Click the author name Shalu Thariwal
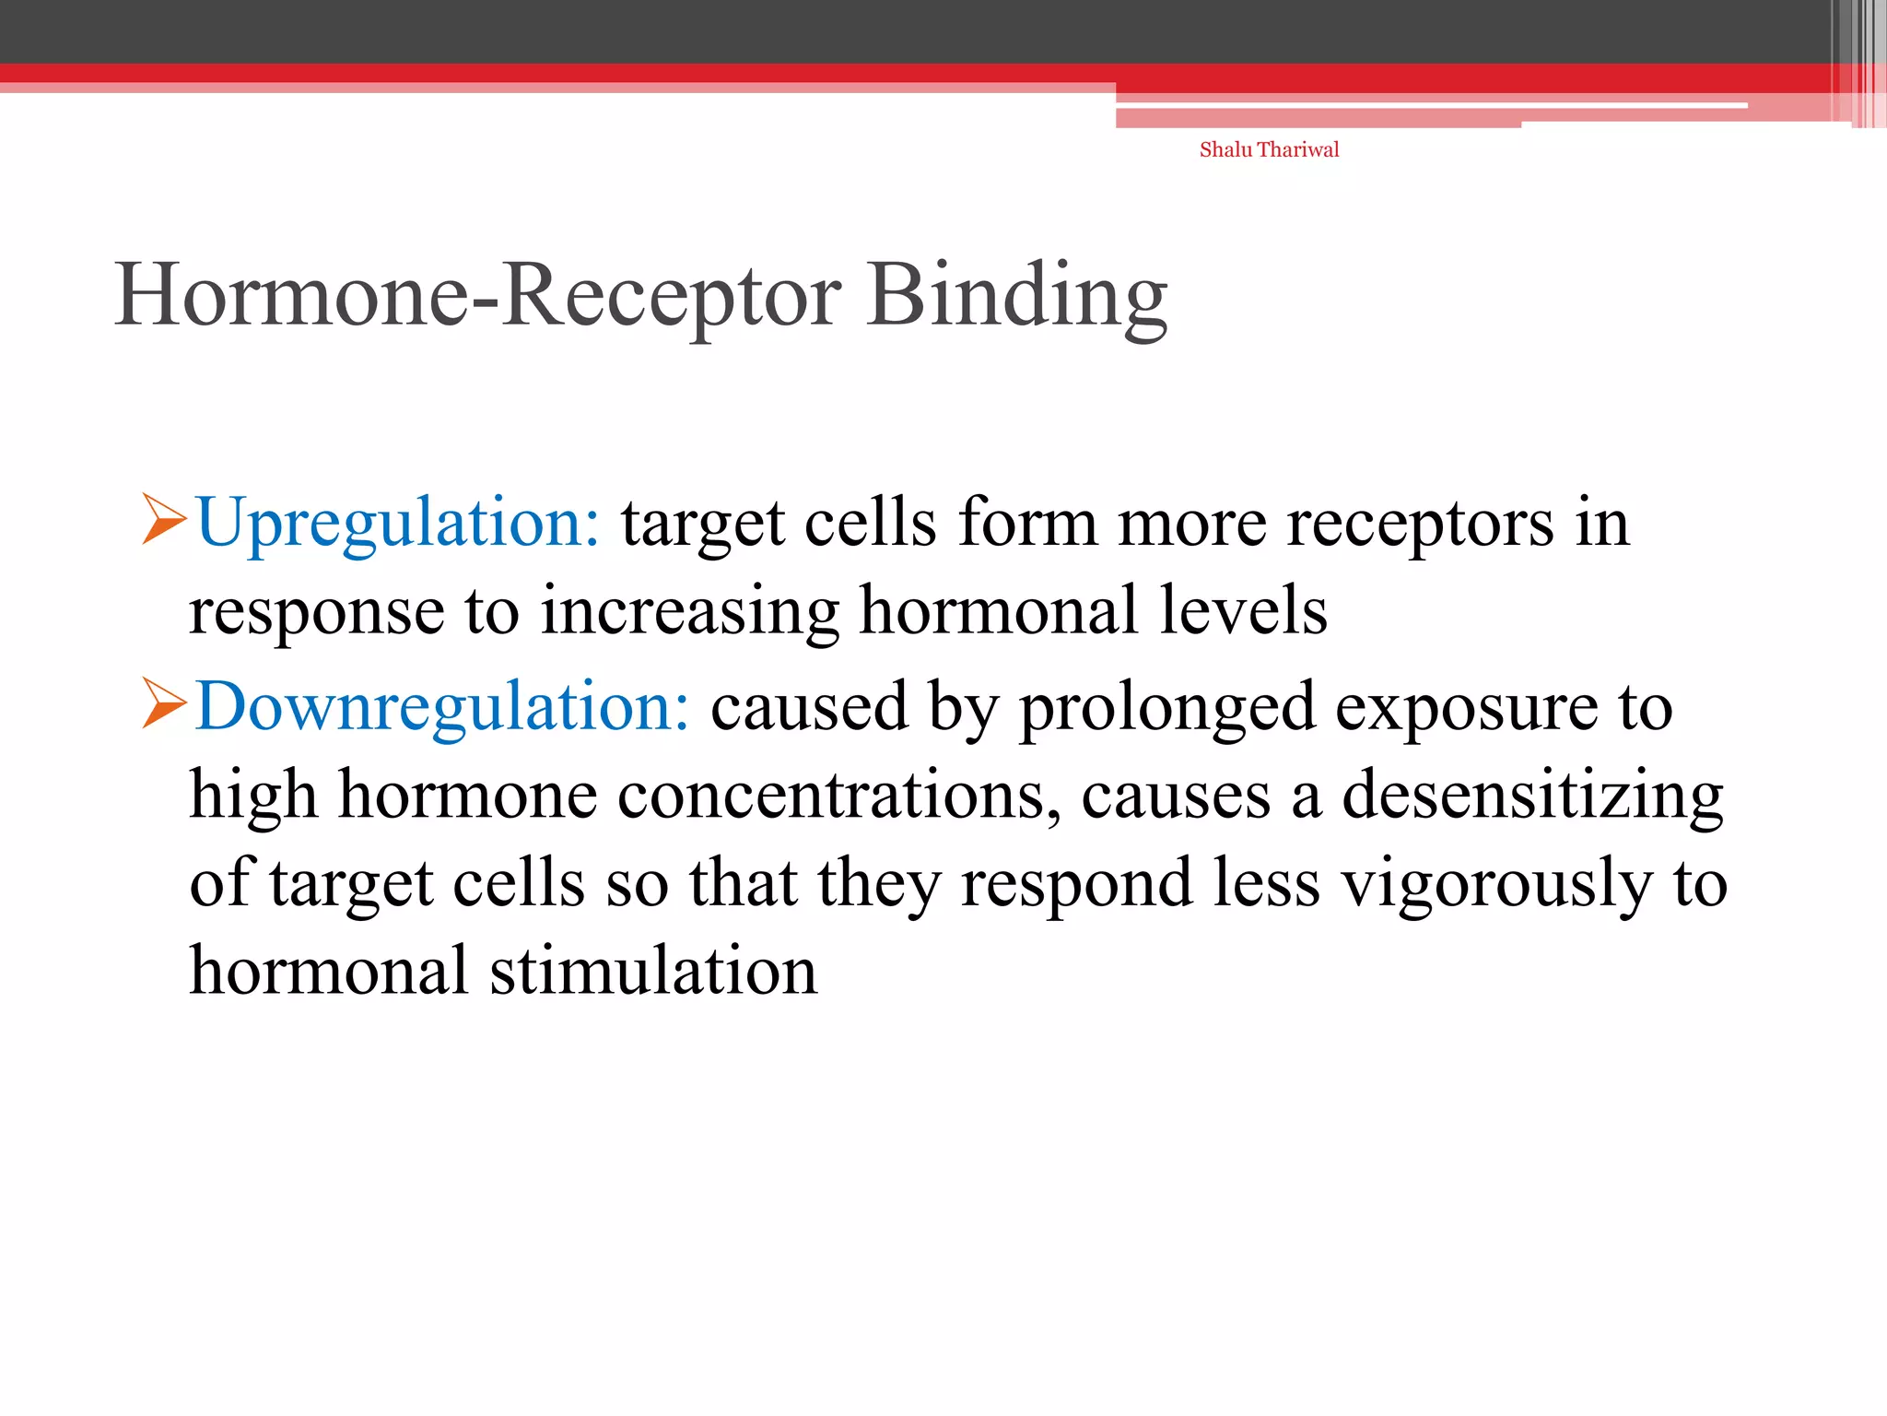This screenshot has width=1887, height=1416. point(1269,149)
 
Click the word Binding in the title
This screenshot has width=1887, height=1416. point(1017,295)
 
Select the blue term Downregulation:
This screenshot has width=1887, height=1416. point(442,706)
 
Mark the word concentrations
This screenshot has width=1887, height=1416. point(838,795)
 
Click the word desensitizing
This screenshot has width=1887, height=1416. point(1531,795)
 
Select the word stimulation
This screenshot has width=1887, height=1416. point(653,972)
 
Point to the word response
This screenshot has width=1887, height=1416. point(316,612)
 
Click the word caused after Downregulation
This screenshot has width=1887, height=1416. point(809,706)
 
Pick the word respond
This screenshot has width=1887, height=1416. point(1076,883)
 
